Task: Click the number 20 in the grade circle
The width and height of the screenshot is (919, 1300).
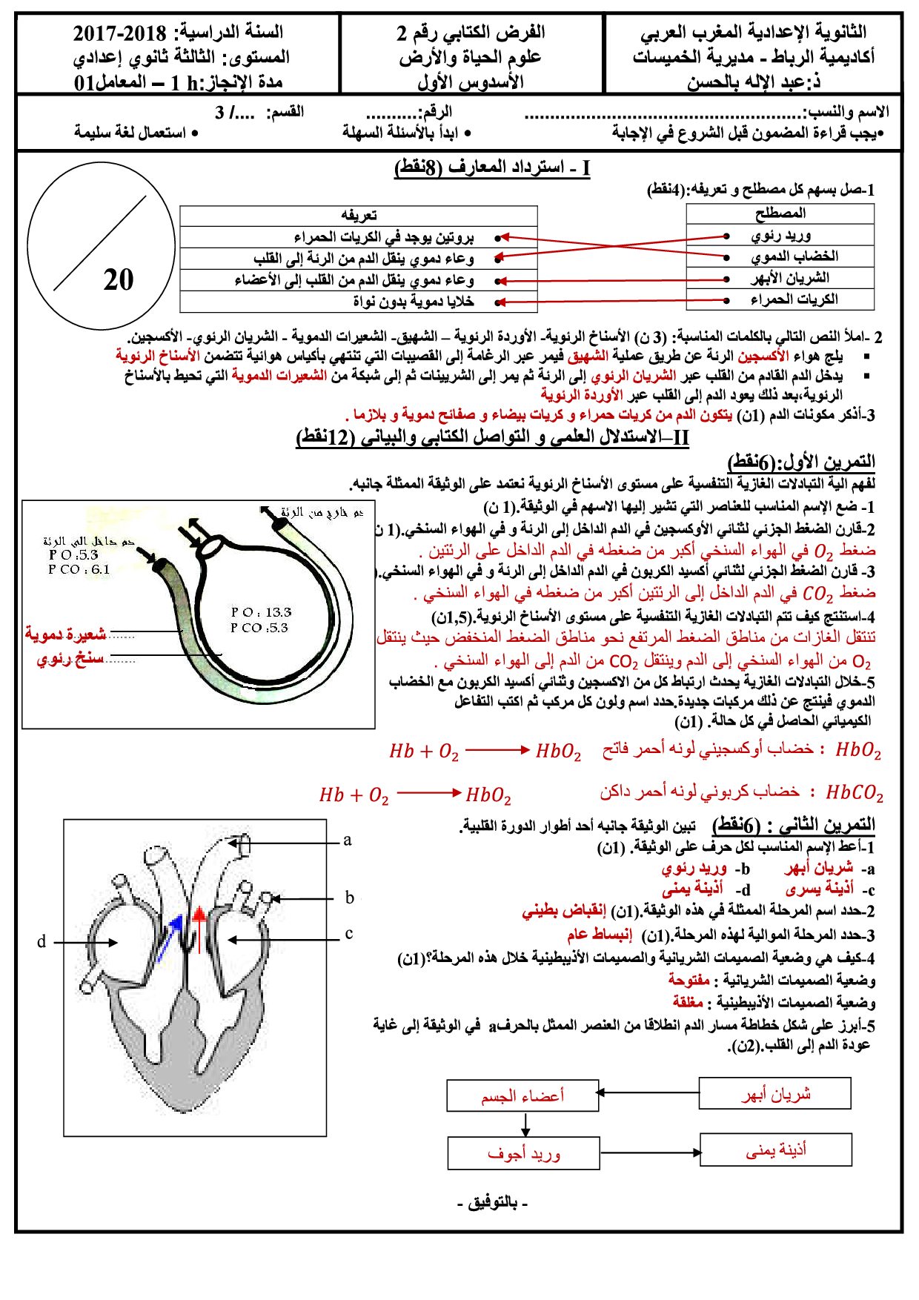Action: (119, 279)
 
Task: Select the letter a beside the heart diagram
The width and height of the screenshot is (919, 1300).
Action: (347, 840)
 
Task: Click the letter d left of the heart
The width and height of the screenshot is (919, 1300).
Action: (42, 941)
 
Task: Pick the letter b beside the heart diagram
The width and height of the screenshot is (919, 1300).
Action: (349, 898)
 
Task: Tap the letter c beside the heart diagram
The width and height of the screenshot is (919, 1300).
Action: (348, 934)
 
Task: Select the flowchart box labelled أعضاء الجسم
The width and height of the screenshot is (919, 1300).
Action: (522, 1095)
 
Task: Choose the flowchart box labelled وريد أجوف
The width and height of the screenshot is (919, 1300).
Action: (523, 1153)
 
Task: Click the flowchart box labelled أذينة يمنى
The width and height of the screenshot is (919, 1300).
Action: (775, 1150)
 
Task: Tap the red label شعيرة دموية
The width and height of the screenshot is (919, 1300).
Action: (65, 634)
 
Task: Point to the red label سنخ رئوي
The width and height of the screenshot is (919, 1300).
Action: (70, 659)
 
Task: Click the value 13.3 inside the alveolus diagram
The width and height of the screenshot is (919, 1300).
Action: (278, 612)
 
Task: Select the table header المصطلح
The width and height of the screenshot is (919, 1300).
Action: (780, 213)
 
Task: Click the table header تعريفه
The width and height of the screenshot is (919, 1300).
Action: (359, 216)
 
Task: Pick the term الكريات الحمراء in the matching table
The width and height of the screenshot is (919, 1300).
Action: (794, 299)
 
